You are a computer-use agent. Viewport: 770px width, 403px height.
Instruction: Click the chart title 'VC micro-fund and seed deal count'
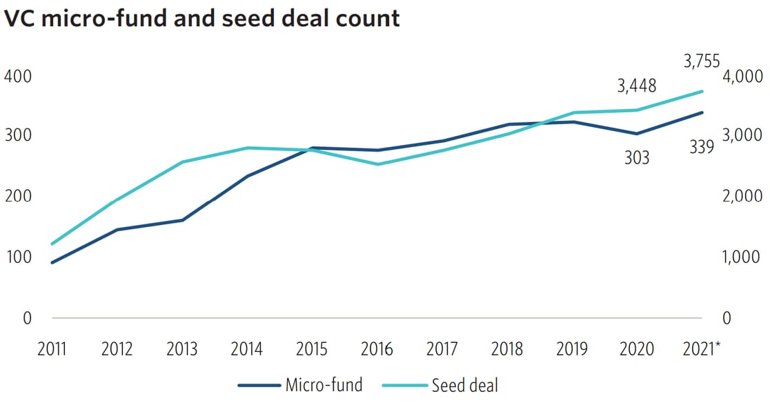pyautogui.click(x=201, y=18)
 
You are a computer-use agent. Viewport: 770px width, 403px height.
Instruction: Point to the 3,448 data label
pyautogui.click(x=637, y=86)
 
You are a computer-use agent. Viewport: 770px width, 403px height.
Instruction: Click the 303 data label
pyautogui.click(x=637, y=158)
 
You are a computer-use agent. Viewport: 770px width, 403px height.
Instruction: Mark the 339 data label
pyautogui.click(x=702, y=147)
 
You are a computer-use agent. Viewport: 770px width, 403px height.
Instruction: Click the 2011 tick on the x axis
pyautogui.click(x=52, y=349)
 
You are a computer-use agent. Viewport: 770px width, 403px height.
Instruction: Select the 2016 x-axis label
pyautogui.click(x=377, y=349)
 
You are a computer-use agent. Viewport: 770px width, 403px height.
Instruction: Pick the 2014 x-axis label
pyautogui.click(x=247, y=349)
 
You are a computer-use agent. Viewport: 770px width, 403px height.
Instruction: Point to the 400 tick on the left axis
pyautogui.click(x=18, y=76)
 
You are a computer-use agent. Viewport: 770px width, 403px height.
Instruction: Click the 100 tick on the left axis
pyautogui.click(x=18, y=257)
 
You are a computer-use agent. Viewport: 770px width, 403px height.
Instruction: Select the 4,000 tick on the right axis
pyautogui.click(x=742, y=76)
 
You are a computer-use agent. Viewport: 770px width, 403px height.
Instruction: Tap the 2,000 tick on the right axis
pyautogui.click(x=742, y=197)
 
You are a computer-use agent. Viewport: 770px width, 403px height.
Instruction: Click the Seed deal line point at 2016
pyautogui.click(x=377, y=164)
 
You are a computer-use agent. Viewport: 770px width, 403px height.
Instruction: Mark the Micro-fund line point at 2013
pyautogui.click(x=182, y=220)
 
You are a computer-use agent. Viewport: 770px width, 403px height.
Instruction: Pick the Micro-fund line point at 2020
pyautogui.click(x=637, y=134)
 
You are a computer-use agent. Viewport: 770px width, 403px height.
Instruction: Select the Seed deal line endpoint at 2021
pyautogui.click(x=702, y=91)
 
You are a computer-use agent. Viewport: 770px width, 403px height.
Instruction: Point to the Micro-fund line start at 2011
pyautogui.click(x=52, y=262)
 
